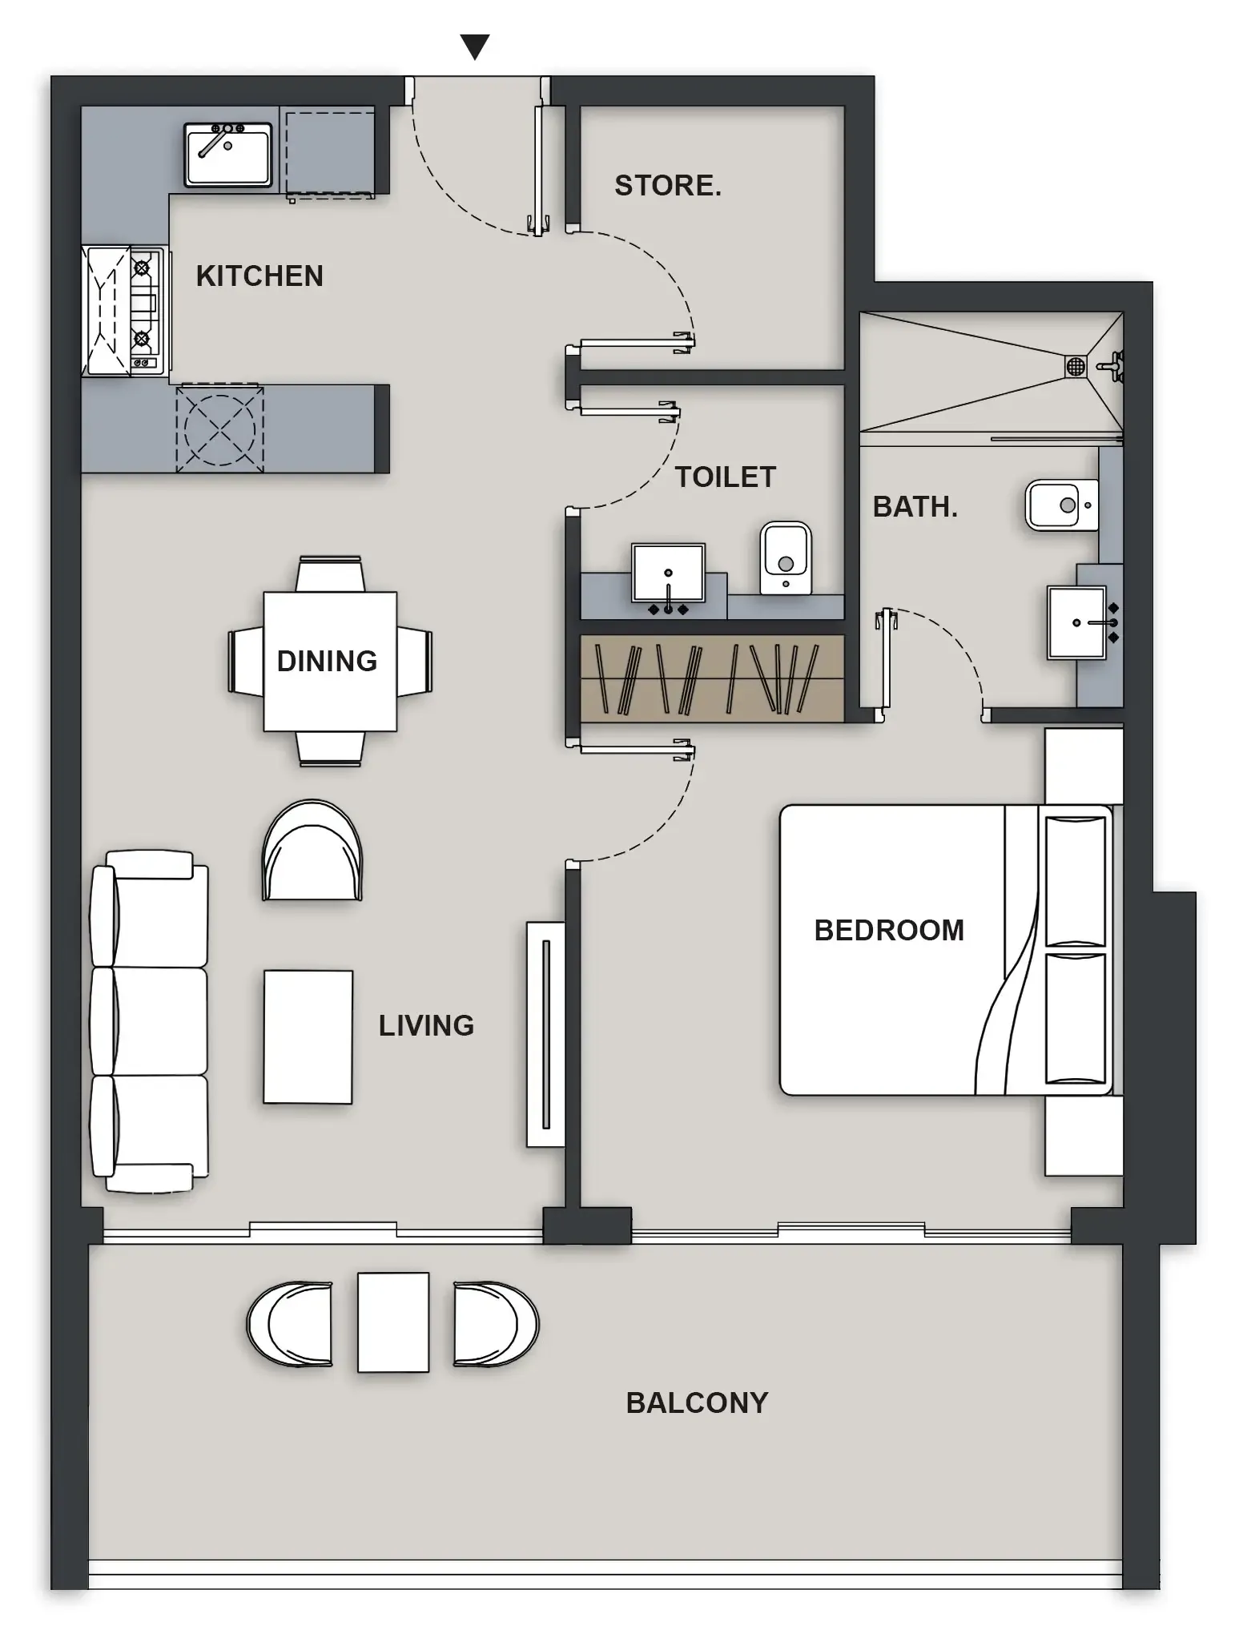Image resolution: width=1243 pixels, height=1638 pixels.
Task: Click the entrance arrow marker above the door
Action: tap(475, 46)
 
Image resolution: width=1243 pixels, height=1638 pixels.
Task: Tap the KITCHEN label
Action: tap(259, 276)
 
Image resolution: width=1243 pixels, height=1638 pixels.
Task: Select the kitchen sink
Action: tap(228, 155)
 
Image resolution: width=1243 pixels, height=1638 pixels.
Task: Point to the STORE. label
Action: tap(667, 186)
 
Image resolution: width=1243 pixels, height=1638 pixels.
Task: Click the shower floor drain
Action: tap(1075, 367)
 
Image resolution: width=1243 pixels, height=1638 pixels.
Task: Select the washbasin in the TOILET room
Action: tap(668, 572)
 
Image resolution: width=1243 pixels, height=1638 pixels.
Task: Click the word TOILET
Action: tap(725, 477)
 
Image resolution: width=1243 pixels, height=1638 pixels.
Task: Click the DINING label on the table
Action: tap(327, 662)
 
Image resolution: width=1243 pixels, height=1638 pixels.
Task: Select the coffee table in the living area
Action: tap(308, 1036)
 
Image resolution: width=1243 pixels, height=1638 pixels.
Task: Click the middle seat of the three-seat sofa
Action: tap(152, 1020)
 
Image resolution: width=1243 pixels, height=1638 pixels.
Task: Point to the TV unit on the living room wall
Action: tap(545, 1033)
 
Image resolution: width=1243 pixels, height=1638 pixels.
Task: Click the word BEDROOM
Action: tap(889, 931)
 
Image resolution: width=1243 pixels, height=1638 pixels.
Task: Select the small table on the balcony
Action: tap(392, 1322)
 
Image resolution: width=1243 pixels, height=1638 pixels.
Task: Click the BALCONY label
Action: tap(697, 1403)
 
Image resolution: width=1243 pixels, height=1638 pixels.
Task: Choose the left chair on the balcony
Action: tap(291, 1324)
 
